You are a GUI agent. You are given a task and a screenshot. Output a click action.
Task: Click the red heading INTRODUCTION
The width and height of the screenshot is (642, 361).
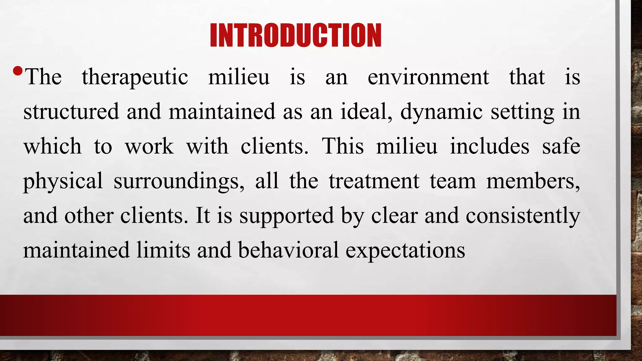(x=296, y=35)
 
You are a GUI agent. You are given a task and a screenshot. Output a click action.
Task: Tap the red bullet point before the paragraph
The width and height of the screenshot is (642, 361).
(x=18, y=71)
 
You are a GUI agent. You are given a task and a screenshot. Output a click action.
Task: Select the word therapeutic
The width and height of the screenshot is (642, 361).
(x=135, y=77)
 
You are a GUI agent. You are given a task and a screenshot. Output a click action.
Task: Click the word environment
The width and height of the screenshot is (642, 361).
(x=428, y=77)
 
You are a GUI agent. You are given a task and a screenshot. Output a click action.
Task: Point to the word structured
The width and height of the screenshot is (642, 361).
(x=71, y=112)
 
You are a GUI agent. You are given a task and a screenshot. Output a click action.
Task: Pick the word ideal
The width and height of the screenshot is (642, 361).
(x=366, y=112)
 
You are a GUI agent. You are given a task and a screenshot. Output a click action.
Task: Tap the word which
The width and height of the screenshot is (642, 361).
(x=52, y=146)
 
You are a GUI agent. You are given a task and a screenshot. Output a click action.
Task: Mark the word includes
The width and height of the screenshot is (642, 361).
(x=490, y=146)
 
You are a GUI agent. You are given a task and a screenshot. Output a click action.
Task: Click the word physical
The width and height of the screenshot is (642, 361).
(x=63, y=181)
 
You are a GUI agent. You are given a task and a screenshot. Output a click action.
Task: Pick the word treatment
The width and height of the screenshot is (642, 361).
(x=374, y=181)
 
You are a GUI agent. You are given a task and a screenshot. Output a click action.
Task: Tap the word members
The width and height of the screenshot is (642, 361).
(x=533, y=181)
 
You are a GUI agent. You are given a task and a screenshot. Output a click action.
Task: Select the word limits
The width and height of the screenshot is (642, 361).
(x=163, y=250)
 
